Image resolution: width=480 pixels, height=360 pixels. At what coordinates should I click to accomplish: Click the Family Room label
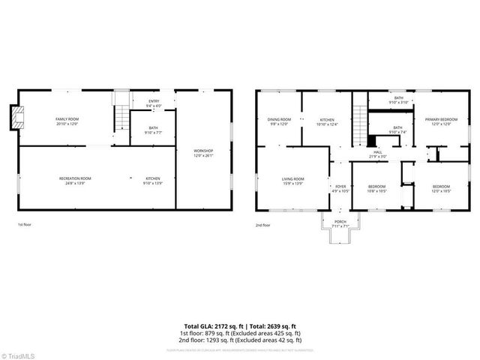[x=67, y=121]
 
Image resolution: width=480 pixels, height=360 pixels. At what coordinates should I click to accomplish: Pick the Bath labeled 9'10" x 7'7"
[x=153, y=130]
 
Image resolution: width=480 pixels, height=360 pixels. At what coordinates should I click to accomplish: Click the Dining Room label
[x=279, y=121]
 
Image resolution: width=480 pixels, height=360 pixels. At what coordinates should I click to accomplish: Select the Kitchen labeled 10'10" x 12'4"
[x=327, y=121]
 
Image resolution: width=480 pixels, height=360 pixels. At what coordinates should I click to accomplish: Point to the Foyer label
[x=340, y=188]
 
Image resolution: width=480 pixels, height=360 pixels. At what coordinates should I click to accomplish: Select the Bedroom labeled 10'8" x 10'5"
[x=376, y=188]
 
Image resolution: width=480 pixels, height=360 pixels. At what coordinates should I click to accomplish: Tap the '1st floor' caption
[x=25, y=224]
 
